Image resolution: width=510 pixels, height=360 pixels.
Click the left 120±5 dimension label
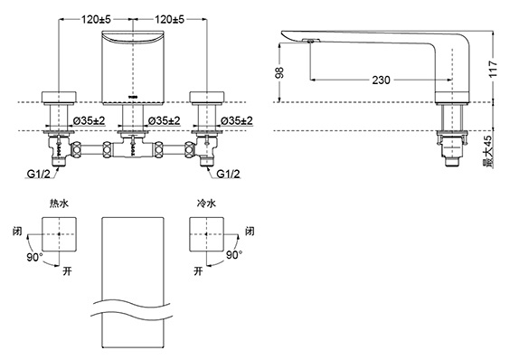96,20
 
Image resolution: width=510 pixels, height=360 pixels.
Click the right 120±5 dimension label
169,20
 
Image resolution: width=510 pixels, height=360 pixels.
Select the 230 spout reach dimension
381,80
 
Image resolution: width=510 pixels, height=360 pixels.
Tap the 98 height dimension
279,72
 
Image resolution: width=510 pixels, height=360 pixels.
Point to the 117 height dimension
494,69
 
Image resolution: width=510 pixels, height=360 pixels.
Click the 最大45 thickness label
488,151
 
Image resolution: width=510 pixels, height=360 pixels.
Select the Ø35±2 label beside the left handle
90,121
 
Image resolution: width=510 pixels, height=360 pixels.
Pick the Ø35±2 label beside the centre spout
164,121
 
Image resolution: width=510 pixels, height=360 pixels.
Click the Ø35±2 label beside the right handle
236,121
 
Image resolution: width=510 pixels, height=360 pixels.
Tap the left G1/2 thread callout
38,175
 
